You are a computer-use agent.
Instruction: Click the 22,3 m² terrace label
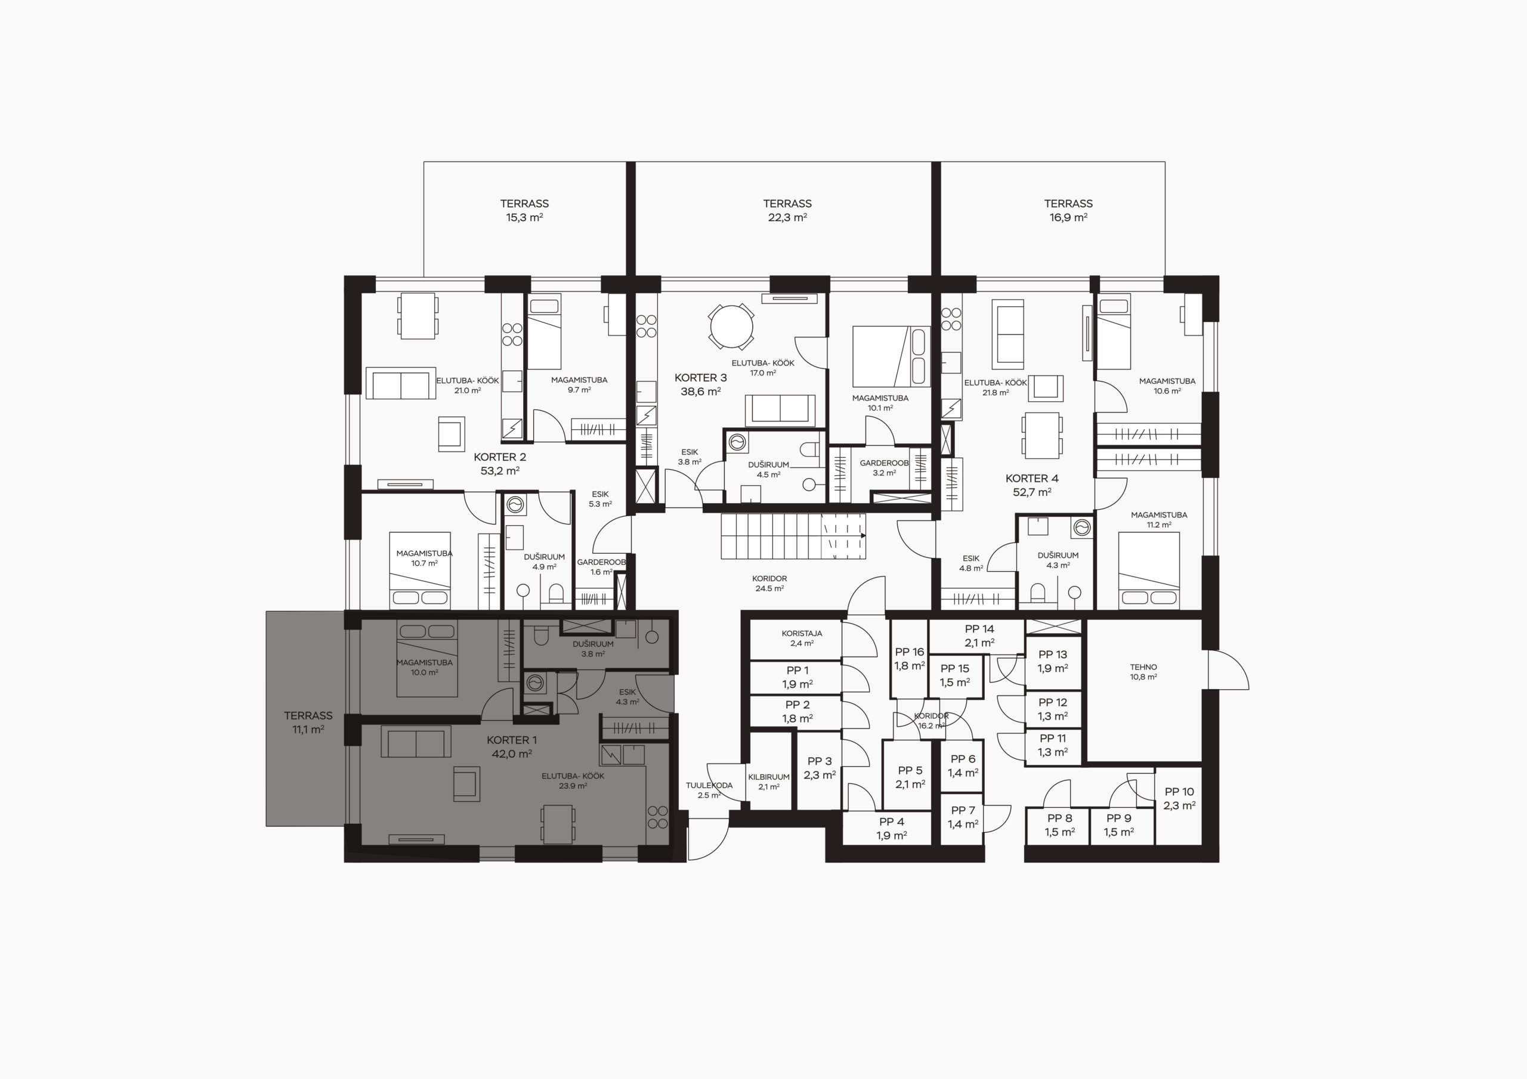(787, 210)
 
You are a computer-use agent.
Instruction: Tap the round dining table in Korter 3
(731, 327)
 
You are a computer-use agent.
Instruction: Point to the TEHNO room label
(1143, 671)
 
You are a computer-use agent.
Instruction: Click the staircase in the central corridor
(793, 536)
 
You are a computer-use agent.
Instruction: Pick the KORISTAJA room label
(802, 638)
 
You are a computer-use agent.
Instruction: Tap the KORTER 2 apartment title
(500, 464)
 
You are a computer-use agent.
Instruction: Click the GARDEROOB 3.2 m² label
(884, 467)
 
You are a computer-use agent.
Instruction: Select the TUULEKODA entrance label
(709, 790)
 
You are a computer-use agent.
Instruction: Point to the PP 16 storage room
(909, 659)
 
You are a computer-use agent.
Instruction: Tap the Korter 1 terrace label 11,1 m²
(308, 722)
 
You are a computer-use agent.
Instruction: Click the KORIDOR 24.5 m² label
(769, 584)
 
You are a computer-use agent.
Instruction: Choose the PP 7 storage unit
(962, 818)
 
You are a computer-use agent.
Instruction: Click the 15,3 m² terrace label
(525, 210)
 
